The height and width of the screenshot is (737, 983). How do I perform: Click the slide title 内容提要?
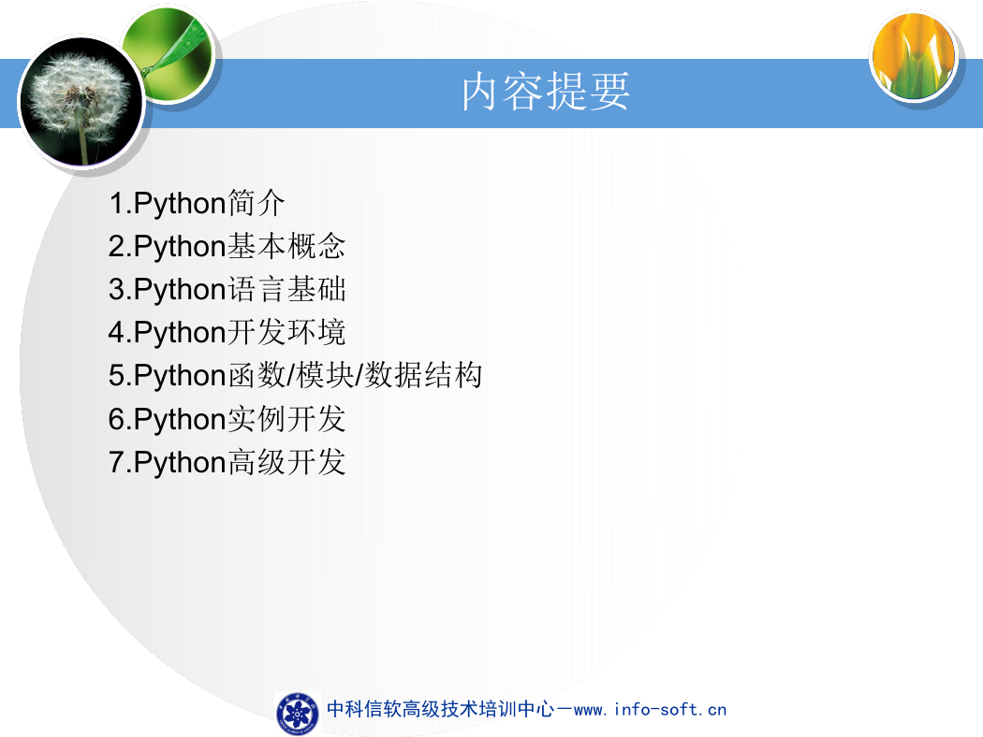click(546, 92)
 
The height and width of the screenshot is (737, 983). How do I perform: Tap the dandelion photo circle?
click(81, 101)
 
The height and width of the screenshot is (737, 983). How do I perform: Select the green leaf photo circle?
click(168, 54)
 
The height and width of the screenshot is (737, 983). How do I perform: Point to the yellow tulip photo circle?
click(914, 56)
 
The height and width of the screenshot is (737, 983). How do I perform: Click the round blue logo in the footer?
click(298, 714)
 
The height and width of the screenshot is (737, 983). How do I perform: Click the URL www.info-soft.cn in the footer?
click(650, 710)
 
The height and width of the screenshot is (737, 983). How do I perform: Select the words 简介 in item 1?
click(256, 203)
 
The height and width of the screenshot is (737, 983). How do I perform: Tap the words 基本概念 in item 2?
click(286, 246)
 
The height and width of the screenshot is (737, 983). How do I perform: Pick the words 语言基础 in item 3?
click(286, 289)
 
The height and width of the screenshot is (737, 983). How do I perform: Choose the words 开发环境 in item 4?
click(286, 332)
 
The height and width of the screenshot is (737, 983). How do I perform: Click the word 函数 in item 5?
click(257, 375)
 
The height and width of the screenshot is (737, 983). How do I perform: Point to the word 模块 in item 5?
click(325, 375)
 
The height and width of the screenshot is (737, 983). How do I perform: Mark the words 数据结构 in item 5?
click(423, 375)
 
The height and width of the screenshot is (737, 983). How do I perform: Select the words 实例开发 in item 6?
click(286, 419)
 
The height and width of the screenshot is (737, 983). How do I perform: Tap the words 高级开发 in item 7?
click(286, 462)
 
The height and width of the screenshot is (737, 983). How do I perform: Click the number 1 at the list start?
click(117, 204)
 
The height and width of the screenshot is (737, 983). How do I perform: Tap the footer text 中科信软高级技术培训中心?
click(441, 710)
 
